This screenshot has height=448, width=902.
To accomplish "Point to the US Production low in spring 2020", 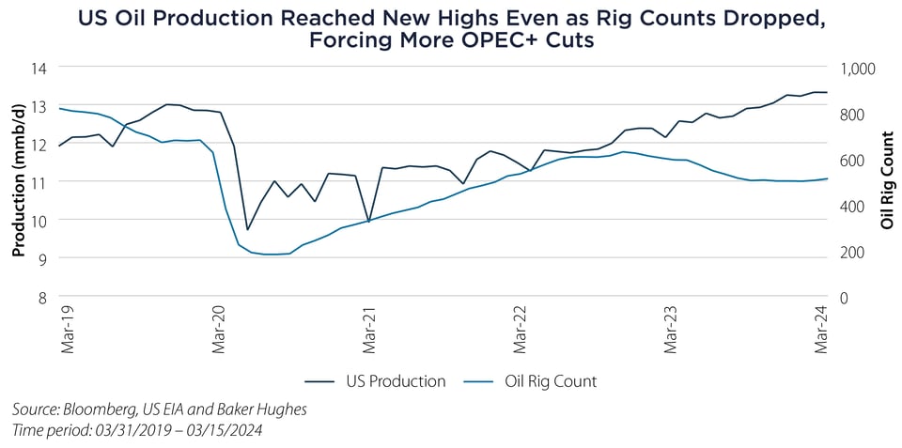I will coord(247,229).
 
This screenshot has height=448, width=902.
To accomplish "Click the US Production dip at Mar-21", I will coord(368,222).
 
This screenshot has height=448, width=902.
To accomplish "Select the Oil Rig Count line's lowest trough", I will coord(272,255).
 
